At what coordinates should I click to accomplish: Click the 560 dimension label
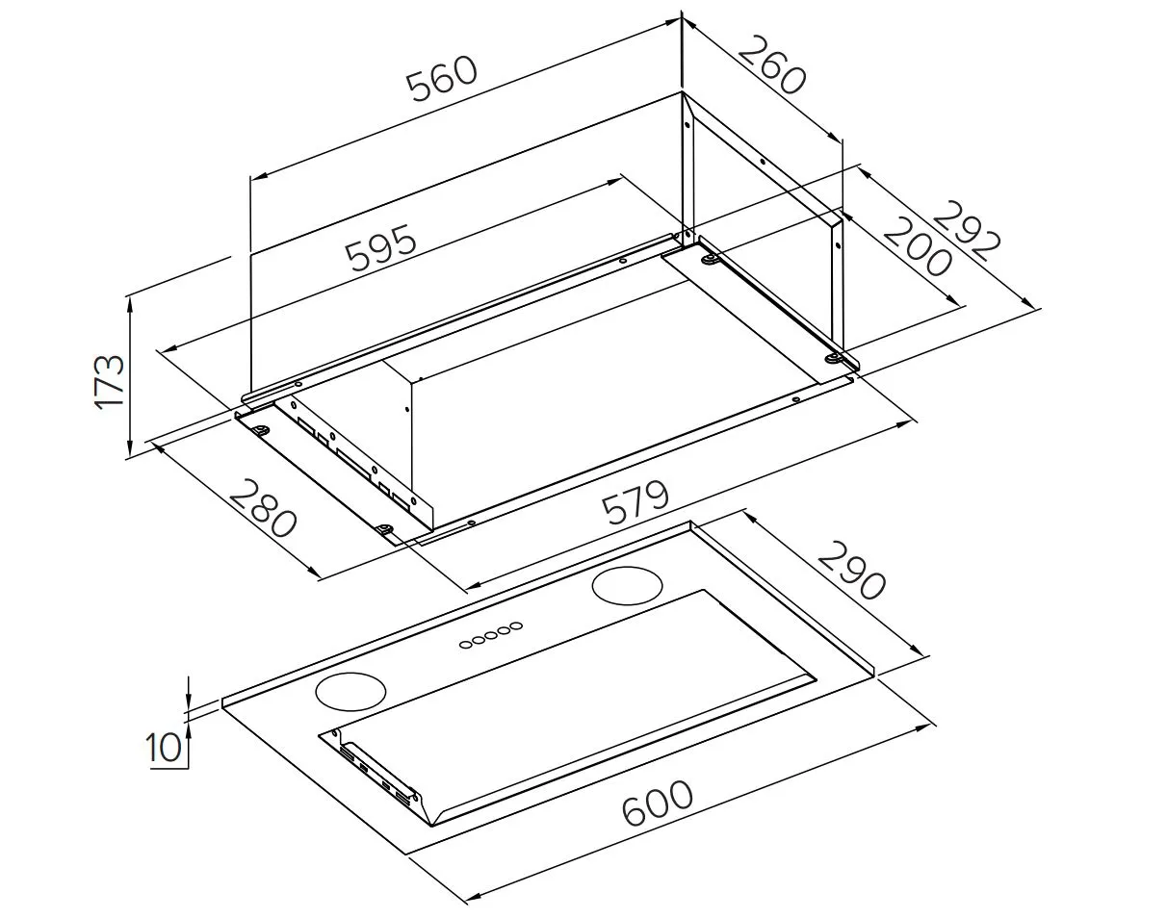443,80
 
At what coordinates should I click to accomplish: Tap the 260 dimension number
771,64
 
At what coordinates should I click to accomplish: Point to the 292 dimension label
966,231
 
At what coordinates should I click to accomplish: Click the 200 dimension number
918,246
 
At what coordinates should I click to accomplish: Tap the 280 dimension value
263,508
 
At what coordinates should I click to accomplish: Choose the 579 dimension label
635,503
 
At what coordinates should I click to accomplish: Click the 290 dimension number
851,571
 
